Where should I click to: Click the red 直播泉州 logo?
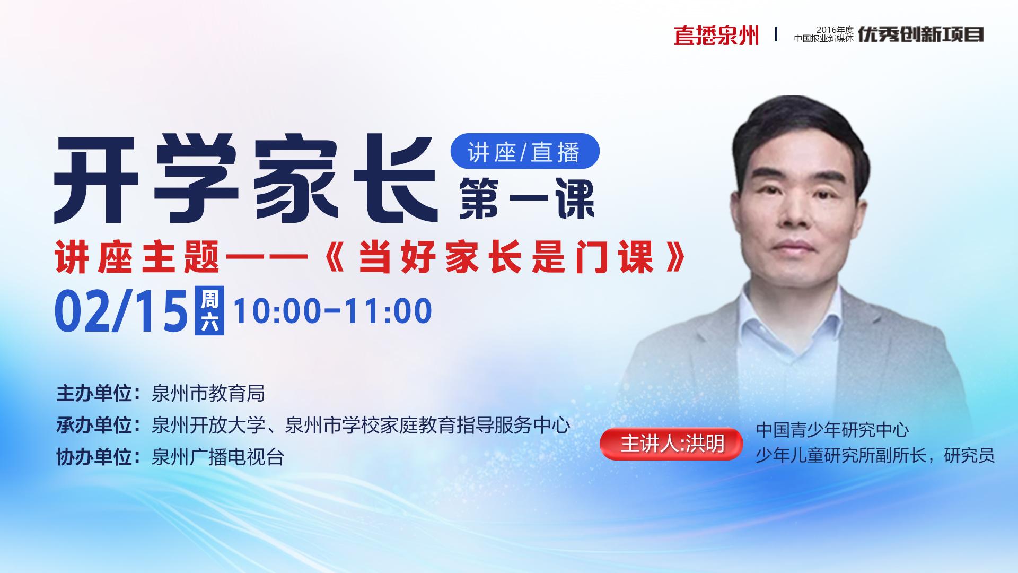pyautogui.click(x=716, y=35)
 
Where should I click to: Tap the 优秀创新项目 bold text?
pyautogui.click(x=921, y=34)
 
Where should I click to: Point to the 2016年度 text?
pyautogui.click(x=835, y=30)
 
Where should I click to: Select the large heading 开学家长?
pyautogui.click(x=247, y=180)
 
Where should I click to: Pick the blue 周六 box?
pyautogui.click(x=209, y=311)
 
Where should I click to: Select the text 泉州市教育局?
pyautogui.click(x=208, y=394)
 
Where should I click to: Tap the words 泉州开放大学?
pyautogui.click(x=208, y=425)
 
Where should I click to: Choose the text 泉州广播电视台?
pyautogui.click(x=218, y=456)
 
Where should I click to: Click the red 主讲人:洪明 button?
pyautogui.click(x=672, y=444)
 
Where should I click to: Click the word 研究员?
pyautogui.click(x=969, y=455)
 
